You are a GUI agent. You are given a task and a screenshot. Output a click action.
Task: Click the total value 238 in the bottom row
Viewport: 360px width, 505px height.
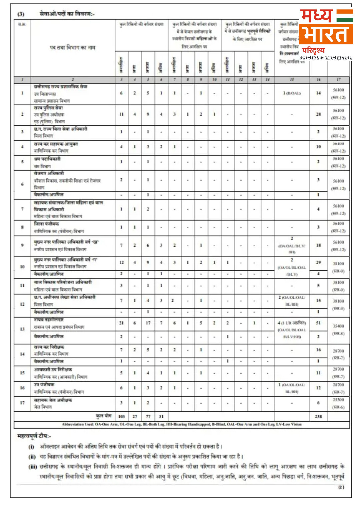(x=318, y=416)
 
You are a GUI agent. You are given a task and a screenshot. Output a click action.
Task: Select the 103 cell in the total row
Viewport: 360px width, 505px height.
(x=121, y=416)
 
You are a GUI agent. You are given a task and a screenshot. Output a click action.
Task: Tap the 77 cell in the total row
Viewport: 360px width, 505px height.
(x=148, y=416)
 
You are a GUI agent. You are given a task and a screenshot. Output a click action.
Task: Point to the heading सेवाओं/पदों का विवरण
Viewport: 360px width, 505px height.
(x=67, y=14)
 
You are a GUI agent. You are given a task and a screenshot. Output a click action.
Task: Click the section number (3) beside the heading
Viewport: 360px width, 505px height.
(x=21, y=14)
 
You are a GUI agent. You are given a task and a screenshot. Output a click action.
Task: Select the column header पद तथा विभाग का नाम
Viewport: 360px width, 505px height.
(x=72, y=48)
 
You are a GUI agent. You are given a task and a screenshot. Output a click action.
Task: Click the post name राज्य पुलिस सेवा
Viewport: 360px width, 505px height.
(x=48, y=108)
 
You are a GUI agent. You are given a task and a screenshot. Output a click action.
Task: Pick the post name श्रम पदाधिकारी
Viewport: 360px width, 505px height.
(x=47, y=159)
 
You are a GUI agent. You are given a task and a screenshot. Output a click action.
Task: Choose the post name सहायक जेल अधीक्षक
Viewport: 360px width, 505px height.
(x=53, y=400)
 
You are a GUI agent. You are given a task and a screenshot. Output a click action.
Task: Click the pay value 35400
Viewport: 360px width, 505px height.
(x=338, y=326)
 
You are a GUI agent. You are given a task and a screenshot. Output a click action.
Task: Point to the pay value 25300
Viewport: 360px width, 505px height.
(x=338, y=400)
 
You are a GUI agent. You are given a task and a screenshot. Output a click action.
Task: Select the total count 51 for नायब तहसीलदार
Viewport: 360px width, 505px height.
(x=318, y=323)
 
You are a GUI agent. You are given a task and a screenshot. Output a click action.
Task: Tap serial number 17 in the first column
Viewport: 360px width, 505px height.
(x=22, y=403)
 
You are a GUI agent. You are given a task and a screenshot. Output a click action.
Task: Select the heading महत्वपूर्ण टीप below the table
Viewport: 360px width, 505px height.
(x=34, y=436)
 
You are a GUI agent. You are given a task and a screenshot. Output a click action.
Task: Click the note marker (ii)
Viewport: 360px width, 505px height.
(x=32, y=457)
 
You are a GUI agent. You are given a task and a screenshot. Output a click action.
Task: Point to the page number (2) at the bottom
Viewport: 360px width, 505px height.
(x=341, y=487)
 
